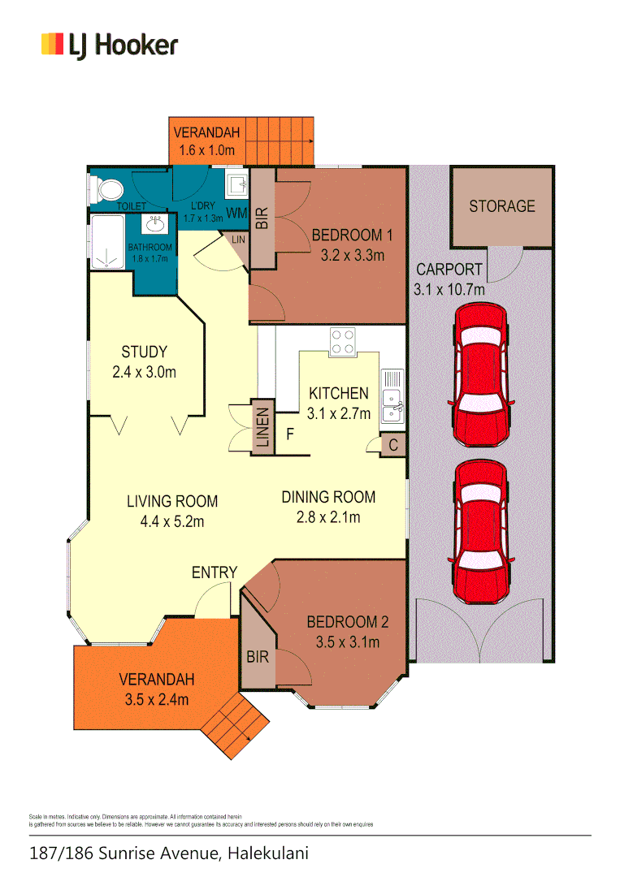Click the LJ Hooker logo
(x=109, y=45)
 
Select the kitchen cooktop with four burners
(x=341, y=341)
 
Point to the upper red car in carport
(x=483, y=375)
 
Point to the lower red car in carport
(x=483, y=533)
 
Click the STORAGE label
(x=501, y=206)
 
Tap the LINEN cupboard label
(x=262, y=428)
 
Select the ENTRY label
(x=215, y=572)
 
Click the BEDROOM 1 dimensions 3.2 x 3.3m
(x=352, y=255)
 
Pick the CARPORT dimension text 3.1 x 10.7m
(x=450, y=289)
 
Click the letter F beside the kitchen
(x=289, y=434)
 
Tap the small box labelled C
(x=393, y=445)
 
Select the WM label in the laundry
(x=236, y=214)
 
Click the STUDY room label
(x=144, y=352)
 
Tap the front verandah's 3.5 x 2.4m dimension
(x=156, y=699)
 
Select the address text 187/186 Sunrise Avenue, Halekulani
(x=169, y=854)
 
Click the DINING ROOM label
(x=328, y=497)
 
